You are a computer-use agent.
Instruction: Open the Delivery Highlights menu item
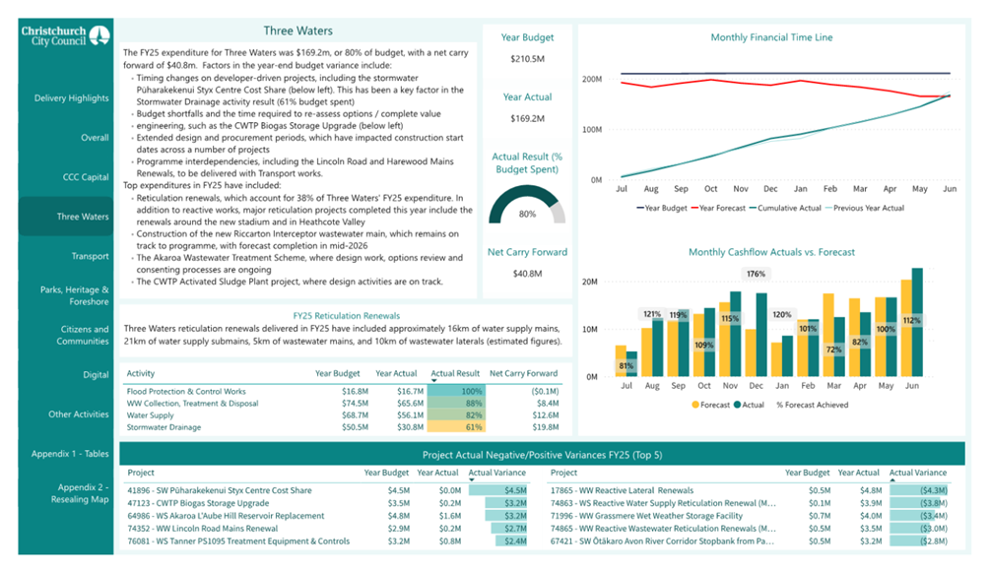point(71,98)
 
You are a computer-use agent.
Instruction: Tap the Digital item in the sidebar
point(96,375)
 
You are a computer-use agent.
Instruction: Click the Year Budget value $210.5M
point(527,59)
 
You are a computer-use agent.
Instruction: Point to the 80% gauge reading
point(527,214)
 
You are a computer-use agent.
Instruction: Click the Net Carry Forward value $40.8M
point(527,275)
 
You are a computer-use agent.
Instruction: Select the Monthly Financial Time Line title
point(771,37)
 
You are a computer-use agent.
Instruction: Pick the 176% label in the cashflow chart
point(757,274)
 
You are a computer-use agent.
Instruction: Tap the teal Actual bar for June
point(917,321)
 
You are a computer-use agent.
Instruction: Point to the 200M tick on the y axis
point(591,79)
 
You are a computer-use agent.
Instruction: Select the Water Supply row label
point(150,415)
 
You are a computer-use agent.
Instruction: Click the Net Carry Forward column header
point(523,374)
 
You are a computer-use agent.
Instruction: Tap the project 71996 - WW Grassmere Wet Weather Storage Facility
point(645,515)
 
